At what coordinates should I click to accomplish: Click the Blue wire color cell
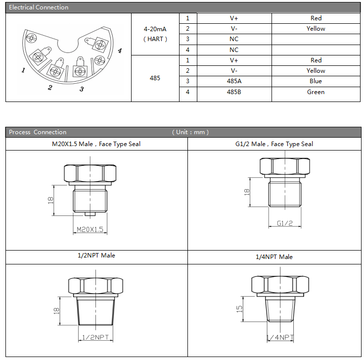tap(316, 81)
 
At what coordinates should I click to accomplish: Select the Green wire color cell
tap(316, 92)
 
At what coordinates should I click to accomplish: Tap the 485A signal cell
tap(234, 81)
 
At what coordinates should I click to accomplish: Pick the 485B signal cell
tap(234, 92)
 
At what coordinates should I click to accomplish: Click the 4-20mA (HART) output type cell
tap(155, 34)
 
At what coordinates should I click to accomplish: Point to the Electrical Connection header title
tap(39, 7)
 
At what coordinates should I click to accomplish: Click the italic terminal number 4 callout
tap(120, 51)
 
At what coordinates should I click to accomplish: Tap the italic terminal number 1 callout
tap(23, 70)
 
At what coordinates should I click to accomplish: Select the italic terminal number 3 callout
tap(82, 89)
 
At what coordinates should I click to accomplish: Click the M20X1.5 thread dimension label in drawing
tap(90, 230)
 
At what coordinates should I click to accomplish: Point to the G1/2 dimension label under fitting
tap(284, 223)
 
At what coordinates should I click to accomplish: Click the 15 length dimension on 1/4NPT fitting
tap(239, 309)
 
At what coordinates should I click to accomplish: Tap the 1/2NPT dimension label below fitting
tap(95, 337)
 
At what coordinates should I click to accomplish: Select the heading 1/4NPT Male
tap(274, 257)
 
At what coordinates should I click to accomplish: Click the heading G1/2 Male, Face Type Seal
tap(274, 144)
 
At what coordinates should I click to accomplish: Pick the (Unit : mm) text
tap(190, 132)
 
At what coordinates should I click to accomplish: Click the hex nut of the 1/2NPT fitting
tap(95, 286)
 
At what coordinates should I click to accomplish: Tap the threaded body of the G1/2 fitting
tap(285, 194)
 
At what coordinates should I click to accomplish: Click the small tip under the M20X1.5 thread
tap(90, 214)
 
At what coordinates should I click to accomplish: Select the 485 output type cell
tap(155, 78)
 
